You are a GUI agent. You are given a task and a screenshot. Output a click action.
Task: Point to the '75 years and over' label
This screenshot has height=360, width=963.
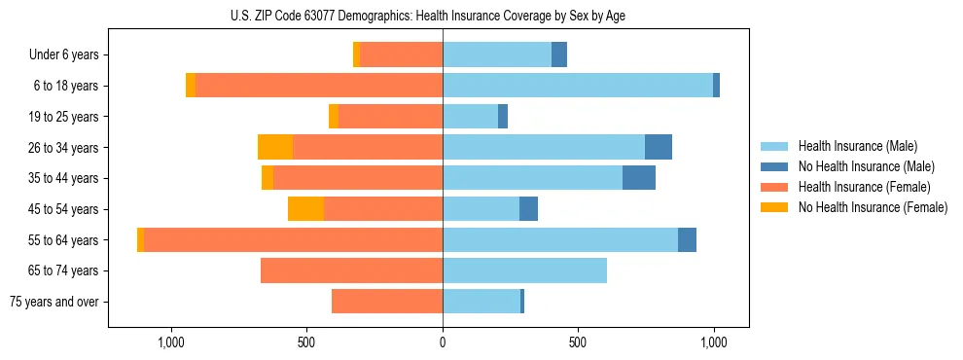pos(54,302)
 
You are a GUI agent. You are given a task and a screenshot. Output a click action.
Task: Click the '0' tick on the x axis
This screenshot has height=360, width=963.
pos(443,342)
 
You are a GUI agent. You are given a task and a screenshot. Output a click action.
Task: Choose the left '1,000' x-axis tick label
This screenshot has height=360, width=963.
pos(171,342)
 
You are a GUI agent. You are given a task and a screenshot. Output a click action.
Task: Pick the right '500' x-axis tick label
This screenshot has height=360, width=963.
pos(578,342)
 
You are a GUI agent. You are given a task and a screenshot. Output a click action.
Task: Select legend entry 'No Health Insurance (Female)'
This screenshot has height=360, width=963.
pos(873,207)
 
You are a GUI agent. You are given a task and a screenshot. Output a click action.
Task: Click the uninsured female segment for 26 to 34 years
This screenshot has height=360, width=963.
pos(275,147)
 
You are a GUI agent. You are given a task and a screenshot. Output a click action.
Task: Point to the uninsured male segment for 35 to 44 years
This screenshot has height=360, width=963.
pos(639,178)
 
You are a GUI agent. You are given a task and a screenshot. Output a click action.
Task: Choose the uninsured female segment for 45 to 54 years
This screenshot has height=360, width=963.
pos(305,209)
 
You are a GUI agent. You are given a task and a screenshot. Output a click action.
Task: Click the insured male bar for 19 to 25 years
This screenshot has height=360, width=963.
pos(470,117)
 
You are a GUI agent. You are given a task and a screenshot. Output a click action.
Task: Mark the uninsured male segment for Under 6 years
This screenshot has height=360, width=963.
pos(559,54)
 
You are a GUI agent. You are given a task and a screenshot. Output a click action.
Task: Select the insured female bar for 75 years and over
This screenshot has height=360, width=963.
pos(387,302)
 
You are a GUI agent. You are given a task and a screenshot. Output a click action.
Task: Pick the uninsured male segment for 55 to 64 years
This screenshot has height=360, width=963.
pos(687,239)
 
